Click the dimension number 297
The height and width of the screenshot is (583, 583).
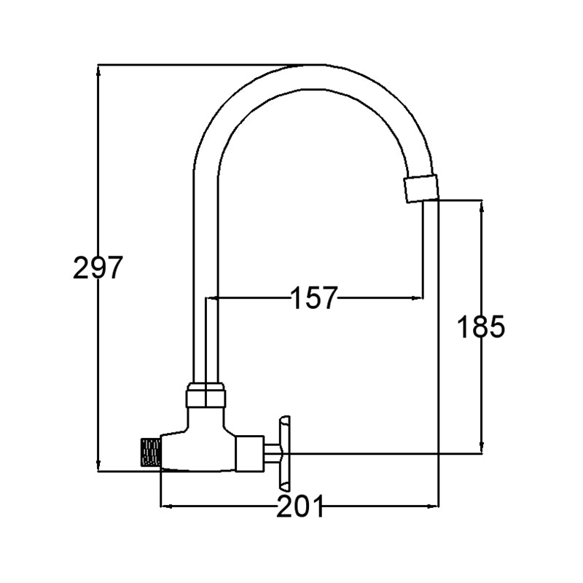tap(98, 267)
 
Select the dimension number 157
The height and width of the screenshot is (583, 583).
tap(313, 298)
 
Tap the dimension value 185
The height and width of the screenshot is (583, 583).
tap(481, 326)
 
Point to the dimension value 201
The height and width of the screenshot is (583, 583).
tap(300, 506)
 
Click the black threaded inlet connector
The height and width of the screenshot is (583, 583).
tap(151, 452)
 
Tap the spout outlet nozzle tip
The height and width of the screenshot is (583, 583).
tap(422, 189)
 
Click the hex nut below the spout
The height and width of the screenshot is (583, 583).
tap(206, 396)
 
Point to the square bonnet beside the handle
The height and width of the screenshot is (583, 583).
tap(250, 453)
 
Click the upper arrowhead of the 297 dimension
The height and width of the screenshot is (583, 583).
tap(98, 70)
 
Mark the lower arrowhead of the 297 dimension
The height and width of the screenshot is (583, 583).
tap(98, 466)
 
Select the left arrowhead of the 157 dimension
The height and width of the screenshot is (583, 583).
tap(211, 298)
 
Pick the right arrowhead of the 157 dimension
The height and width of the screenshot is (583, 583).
tap(418, 298)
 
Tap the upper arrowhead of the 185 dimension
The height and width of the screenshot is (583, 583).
tap(482, 206)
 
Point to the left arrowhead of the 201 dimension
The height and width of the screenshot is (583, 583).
tap(166, 506)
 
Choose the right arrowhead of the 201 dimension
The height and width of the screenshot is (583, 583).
tap(434, 506)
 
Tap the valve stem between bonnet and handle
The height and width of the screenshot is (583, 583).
tap(271, 453)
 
